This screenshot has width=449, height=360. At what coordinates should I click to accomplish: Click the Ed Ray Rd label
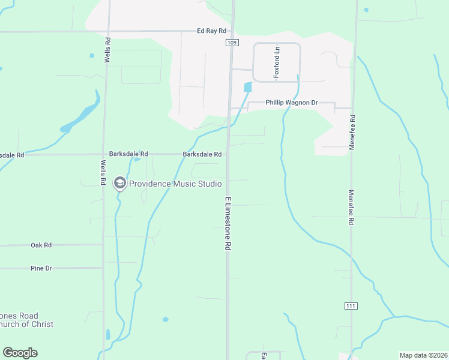pos(213,31)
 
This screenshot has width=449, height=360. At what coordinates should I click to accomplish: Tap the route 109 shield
pos(232,43)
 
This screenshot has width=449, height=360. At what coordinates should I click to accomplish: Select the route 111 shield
pos(351,306)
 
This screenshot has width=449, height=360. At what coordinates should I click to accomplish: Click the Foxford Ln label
pos(278,62)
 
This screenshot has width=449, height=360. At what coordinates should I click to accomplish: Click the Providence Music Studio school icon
pos(120,182)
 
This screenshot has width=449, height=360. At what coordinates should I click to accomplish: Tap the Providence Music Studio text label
pos(175,184)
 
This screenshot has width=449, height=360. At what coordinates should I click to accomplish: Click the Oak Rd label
pos(41,245)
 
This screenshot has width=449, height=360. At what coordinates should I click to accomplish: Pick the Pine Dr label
pos(41,268)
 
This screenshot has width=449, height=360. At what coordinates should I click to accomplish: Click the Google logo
pos(20,353)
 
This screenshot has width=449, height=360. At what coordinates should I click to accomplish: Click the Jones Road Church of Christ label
pos(26,320)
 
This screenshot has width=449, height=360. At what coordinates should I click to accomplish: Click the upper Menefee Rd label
pos(352,132)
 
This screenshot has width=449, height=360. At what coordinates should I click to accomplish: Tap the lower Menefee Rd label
pos(351,208)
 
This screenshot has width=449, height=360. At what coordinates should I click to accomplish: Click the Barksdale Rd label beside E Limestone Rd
pos(202,154)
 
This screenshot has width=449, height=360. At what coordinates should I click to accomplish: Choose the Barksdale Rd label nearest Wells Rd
pos(128,154)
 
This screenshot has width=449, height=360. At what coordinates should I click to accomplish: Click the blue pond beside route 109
pos(247,87)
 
